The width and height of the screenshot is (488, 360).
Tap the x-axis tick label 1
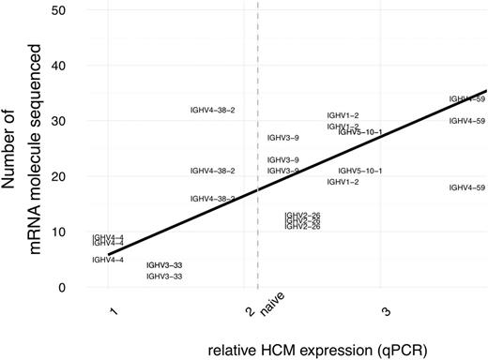point(112,309)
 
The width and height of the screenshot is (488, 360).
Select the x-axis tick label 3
point(386,309)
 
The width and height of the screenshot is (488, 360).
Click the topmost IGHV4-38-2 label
point(212,111)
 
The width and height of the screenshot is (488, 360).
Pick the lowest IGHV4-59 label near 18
point(467,187)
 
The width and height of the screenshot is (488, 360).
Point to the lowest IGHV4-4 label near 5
point(108,260)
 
